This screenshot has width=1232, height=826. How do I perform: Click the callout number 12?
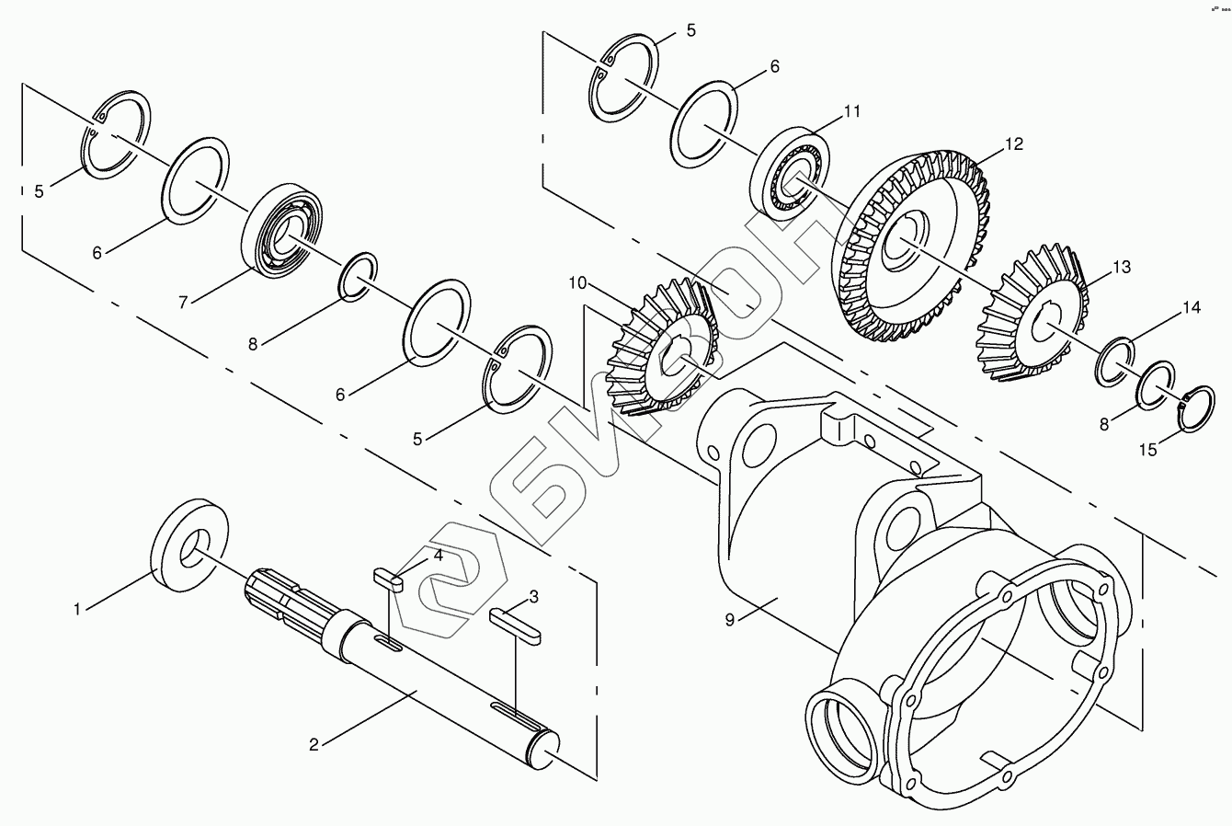tap(1013, 145)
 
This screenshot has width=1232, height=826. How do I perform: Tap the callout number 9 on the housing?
tap(729, 620)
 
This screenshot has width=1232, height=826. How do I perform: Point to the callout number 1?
tap(80, 608)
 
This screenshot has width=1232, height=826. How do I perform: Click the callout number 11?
tap(852, 111)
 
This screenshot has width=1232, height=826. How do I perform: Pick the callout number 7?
tap(183, 302)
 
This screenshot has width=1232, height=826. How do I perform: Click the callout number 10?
tap(577, 282)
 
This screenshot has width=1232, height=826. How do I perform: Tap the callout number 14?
tap(1191, 308)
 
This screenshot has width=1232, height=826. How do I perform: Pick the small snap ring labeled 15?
tap(1195, 407)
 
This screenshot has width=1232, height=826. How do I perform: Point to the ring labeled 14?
tap(1114, 361)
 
